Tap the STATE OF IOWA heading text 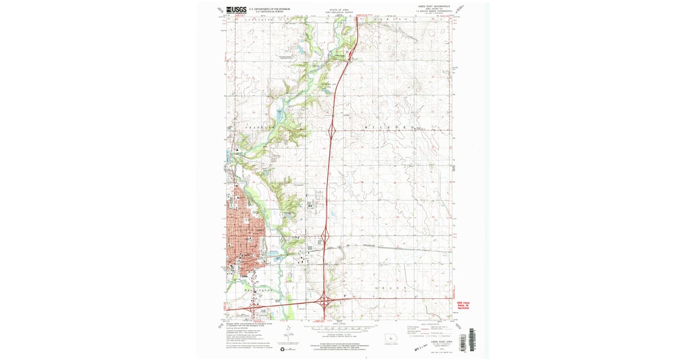click(338, 10)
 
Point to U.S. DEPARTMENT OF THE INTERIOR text click(269, 9)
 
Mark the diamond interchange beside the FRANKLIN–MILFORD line click(331, 131)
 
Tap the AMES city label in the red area click(261, 230)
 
